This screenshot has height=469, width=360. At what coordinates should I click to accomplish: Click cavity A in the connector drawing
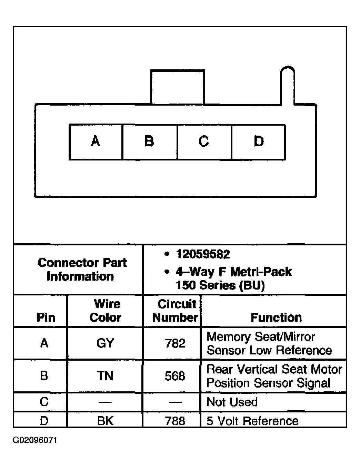(x=96, y=142)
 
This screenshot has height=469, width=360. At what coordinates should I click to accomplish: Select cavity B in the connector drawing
(x=150, y=142)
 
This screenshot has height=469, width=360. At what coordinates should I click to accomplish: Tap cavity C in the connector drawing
(x=204, y=142)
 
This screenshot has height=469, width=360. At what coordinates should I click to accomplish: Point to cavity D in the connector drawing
(x=259, y=142)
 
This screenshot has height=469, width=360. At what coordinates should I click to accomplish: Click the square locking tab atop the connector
(x=178, y=87)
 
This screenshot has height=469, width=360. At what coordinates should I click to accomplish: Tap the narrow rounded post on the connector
(x=288, y=86)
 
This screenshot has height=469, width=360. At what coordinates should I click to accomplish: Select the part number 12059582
(x=203, y=255)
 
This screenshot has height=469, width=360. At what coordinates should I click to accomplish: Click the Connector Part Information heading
(x=82, y=270)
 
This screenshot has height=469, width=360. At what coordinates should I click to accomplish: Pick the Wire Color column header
(x=106, y=311)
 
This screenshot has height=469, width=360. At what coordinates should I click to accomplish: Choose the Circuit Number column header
(x=176, y=311)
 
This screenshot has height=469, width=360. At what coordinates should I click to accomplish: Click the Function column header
(x=276, y=317)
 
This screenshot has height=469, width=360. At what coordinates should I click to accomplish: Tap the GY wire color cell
(x=105, y=343)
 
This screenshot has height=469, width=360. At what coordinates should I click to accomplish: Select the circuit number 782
(x=175, y=343)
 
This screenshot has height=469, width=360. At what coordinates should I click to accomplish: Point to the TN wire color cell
(x=105, y=376)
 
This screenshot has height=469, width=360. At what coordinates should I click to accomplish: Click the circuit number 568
(x=175, y=376)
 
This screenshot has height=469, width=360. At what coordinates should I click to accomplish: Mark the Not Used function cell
(x=232, y=402)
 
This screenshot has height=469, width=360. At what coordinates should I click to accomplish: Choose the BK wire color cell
(x=105, y=421)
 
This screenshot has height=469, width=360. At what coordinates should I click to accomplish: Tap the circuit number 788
(x=175, y=421)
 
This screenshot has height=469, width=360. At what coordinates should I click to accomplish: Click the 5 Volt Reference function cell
(x=252, y=421)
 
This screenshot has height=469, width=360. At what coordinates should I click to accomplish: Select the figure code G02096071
(x=35, y=441)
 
